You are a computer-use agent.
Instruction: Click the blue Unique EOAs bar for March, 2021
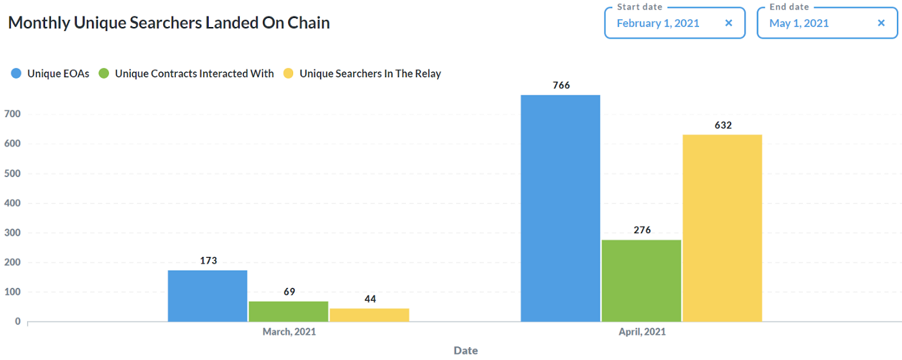pyautogui.click(x=207, y=296)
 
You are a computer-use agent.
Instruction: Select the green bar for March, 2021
pyautogui.click(x=289, y=311)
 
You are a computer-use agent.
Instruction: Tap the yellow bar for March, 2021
pyautogui.click(x=369, y=315)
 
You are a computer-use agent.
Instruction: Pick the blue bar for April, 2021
pyautogui.click(x=561, y=208)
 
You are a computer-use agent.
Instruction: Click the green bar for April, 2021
pyautogui.click(x=641, y=281)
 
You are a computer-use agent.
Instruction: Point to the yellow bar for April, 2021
pyautogui.click(x=722, y=228)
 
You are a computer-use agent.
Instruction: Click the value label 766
pyautogui.click(x=561, y=85)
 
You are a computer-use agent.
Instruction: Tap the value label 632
pyautogui.click(x=723, y=125)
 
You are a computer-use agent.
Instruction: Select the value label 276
pyautogui.click(x=642, y=230)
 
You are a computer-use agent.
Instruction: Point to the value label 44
pyautogui.click(x=370, y=299)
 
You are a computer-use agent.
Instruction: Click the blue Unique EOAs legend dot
pyautogui.click(x=16, y=73)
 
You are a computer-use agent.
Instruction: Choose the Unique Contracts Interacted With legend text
pyautogui.click(x=194, y=73)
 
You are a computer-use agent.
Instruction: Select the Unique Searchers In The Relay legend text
pyautogui.click(x=370, y=73)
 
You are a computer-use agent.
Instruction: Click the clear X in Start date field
pyautogui.click(x=729, y=23)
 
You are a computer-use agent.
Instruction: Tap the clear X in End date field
pyautogui.click(x=881, y=23)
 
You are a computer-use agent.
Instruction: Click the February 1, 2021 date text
pyautogui.click(x=658, y=23)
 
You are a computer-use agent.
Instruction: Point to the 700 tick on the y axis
pyautogui.click(x=13, y=114)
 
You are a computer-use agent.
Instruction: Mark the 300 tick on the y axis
pyautogui.click(x=13, y=232)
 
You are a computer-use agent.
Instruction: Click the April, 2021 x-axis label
pyautogui.click(x=642, y=332)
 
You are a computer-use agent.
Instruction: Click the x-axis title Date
pyautogui.click(x=465, y=350)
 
